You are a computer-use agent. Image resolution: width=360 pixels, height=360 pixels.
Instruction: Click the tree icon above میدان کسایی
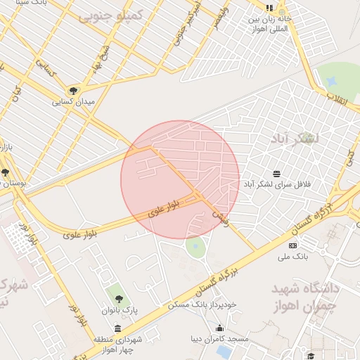coord(73,90)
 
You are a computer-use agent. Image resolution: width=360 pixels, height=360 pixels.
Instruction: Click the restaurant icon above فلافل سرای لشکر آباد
coord(276,173)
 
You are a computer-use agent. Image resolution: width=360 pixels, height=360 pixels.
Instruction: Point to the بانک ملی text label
coord(293,257)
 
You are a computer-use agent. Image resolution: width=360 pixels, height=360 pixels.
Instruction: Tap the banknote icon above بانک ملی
coord(293,245)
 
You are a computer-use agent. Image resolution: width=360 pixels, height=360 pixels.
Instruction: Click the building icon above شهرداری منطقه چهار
coord(117,328)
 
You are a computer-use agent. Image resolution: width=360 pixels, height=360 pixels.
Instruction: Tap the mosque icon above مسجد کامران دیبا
coord(219,328)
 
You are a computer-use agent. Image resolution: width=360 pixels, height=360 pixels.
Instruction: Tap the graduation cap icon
coord(311,356)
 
